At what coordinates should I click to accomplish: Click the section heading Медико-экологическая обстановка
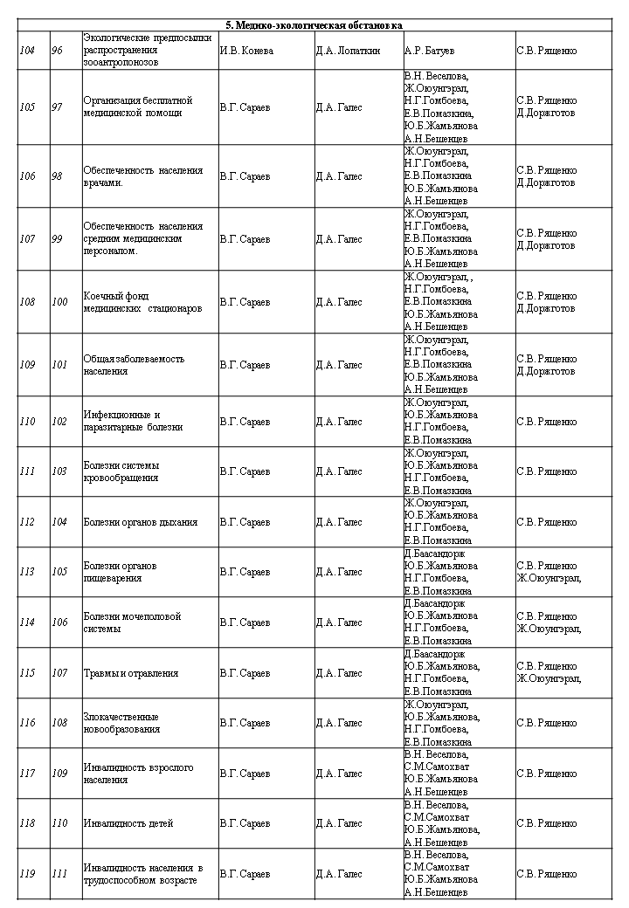point(314,25)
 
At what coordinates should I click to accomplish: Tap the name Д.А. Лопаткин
point(347,51)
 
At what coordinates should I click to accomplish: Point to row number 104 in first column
point(27,51)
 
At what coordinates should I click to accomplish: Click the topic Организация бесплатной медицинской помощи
point(137,107)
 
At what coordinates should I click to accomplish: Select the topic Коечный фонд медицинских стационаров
point(142,302)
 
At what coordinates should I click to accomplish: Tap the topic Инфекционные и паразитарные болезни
point(133,422)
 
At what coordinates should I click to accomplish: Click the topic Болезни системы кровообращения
point(121,471)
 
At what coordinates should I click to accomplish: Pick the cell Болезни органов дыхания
point(141,522)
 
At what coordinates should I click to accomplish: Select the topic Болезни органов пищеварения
point(120,572)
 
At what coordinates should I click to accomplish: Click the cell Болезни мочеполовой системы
point(132,623)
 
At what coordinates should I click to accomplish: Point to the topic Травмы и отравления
point(131,673)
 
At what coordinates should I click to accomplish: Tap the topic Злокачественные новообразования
point(122,723)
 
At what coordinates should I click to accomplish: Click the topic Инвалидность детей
point(128,823)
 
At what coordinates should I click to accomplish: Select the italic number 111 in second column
point(59,874)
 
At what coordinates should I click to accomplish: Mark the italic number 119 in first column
point(27,874)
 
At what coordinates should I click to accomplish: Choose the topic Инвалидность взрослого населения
point(138,774)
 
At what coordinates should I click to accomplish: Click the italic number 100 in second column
point(59,302)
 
